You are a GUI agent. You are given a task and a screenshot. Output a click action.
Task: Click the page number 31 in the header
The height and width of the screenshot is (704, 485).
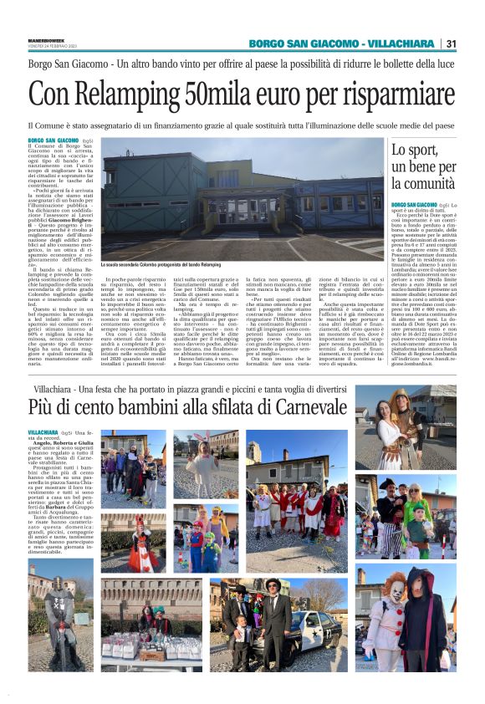tap(452, 43)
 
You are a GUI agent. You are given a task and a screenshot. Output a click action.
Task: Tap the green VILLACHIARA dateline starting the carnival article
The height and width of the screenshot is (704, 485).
tap(43, 433)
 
